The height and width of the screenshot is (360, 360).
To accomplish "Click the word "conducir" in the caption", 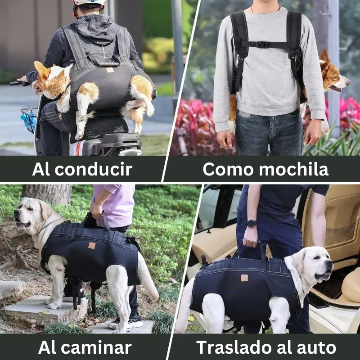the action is (94, 170).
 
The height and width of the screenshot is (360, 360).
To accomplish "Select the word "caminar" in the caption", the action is (96, 347).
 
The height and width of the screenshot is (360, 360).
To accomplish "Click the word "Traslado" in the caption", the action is (234, 347).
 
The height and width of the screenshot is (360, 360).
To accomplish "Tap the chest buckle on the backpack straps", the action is (262, 45).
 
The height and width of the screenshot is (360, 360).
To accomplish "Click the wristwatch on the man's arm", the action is (252, 223).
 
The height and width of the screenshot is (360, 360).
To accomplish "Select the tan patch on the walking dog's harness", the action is (92, 246).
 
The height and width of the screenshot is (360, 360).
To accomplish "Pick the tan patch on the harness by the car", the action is (244, 278).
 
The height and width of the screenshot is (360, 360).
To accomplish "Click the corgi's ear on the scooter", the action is (41, 68).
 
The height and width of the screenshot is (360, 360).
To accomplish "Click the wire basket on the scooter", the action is (29, 119).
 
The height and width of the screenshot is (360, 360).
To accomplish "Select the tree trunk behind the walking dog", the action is (48, 194).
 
